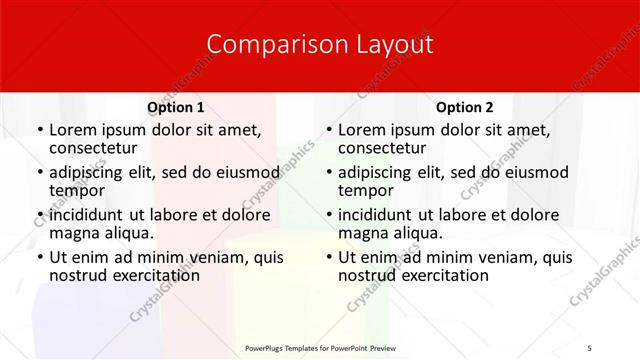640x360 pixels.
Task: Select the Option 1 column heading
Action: [x=175, y=107]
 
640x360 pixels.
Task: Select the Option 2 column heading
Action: [x=465, y=107]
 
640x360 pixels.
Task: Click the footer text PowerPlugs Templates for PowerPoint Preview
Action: [x=320, y=348]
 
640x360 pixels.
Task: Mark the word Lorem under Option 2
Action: [x=361, y=129]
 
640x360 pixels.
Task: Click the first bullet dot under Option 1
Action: [x=40, y=130]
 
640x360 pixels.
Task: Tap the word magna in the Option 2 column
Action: [x=361, y=233]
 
